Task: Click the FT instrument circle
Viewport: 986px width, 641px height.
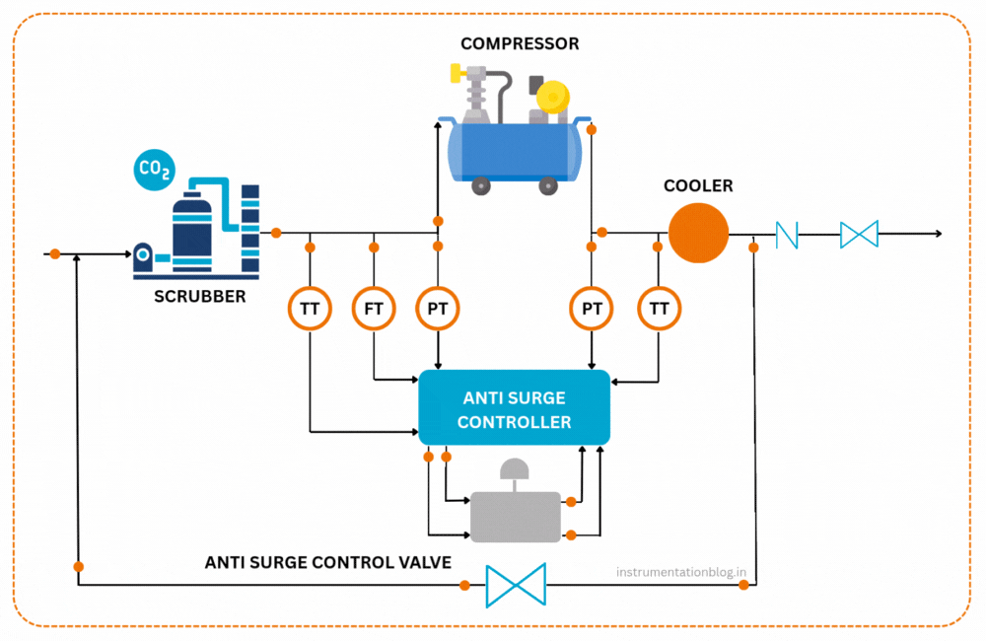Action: click(374, 309)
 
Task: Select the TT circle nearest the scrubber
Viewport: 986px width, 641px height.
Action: click(310, 309)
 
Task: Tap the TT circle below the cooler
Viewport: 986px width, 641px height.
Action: click(659, 309)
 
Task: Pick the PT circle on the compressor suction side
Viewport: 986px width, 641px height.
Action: click(438, 309)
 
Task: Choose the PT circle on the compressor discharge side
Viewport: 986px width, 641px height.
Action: click(592, 309)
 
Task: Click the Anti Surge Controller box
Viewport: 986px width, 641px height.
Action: click(515, 408)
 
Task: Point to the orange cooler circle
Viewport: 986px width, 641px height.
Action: click(698, 234)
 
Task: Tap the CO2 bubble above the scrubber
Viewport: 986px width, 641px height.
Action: click(154, 171)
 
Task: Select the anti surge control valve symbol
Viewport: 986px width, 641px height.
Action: click(516, 585)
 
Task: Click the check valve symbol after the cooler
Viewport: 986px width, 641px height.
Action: click(787, 235)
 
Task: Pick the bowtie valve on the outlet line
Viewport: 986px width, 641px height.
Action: click(859, 235)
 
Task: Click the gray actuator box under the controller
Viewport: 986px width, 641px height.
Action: click(515, 516)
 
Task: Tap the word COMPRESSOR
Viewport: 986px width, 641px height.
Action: click(520, 43)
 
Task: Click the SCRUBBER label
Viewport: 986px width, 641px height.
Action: click(200, 296)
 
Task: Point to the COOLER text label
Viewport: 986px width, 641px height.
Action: click(698, 185)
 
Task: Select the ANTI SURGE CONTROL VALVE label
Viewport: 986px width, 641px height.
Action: click(327, 562)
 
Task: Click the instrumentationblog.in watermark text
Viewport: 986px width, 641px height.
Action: click(680, 571)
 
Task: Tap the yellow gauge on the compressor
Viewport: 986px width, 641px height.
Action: click(552, 96)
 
